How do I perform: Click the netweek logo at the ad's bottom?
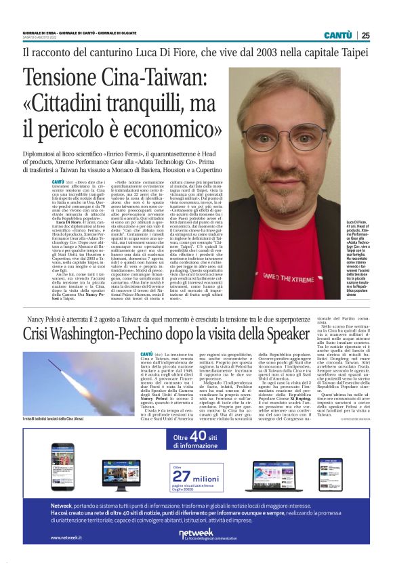click(196, 533)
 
